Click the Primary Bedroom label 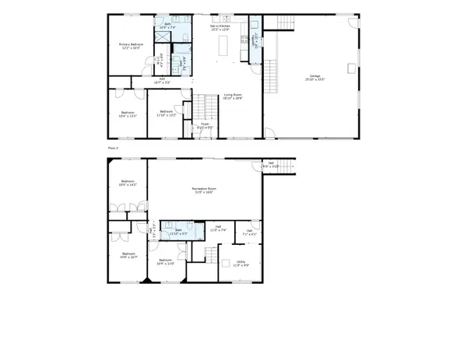pyautogui.click(x=129, y=46)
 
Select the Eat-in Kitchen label pyautogui.click(x=219, y=27)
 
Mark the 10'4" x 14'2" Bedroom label pyautogui.click(x=128, y=183)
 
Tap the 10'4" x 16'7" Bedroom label pyautogui.click(x=128, y=255)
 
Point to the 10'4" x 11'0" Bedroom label pyautogui.click(x=164, y=262)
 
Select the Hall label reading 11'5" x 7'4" pyautogui.click(x=218, y=229)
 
